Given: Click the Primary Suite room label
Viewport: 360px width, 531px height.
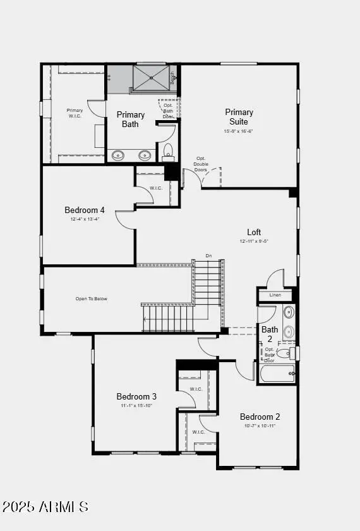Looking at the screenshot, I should tap(239, 117).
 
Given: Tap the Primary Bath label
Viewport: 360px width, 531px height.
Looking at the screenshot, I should tap(131, 119).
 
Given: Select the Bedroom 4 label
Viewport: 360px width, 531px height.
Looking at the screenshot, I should tap(85, 211).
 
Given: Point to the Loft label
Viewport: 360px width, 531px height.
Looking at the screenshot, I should tap(254, 232).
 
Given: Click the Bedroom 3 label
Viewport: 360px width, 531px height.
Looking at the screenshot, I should tap(136, 396).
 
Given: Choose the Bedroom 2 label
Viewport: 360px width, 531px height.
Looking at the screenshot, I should tap(260, 417).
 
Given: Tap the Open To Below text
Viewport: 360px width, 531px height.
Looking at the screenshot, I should tap(91, 298).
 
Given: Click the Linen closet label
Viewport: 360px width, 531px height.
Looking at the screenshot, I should tap(275, 295).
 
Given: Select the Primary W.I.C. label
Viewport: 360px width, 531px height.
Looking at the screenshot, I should tap(75, 113).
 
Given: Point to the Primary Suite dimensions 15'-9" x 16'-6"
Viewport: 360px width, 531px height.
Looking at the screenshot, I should tap(239, 131).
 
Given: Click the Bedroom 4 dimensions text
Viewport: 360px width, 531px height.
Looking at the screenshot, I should tap(85, 219).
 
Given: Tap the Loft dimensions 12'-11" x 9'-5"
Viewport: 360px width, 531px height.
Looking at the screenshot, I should tap(254, 241).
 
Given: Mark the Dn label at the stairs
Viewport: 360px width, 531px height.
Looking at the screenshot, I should tap(208, 256).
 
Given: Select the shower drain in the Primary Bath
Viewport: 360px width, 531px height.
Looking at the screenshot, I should tap(151, 78).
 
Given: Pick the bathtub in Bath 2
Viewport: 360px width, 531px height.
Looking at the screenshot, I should tap(277, 374).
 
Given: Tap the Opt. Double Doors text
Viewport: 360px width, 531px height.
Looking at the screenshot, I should tap(201, 164).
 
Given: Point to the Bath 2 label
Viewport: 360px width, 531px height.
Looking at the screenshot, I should tap(270, 334).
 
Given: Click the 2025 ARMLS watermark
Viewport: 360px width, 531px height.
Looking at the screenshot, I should tap(45, 506).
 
